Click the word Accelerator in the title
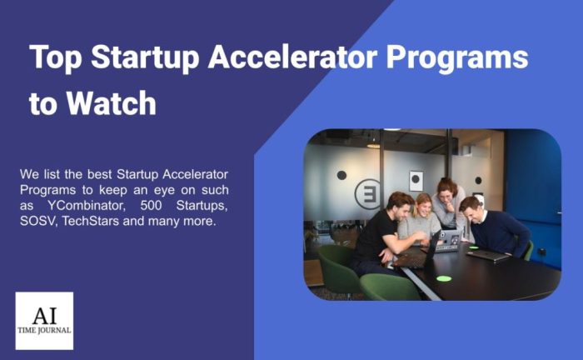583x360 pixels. pyautogui.click(x=292, y=57)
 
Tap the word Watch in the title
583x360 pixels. pyautogui.click(x=111, y=103)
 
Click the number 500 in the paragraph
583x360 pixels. pyautogui.click(x=151, y=205)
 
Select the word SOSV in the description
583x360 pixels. pyautogui.click(x=37, y=222)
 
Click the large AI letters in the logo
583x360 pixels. pyautogui.click(x=44, y=316)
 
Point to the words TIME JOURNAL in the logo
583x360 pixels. pyautogui.click(x=44, y=330)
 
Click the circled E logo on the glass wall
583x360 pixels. pyautogui.click(x=368, y=194)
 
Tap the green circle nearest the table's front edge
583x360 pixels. pyautogui.click(x=444, y=278)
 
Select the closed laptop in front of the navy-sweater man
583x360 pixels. pyautogui.click(x=488, y=256)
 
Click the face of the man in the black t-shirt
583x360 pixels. pyautogui.click(x=403, y=211)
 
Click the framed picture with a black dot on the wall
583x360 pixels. pyautogui.click(x=416, y=181)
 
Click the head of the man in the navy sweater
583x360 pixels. pyautogui.click(x=471, y=209)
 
